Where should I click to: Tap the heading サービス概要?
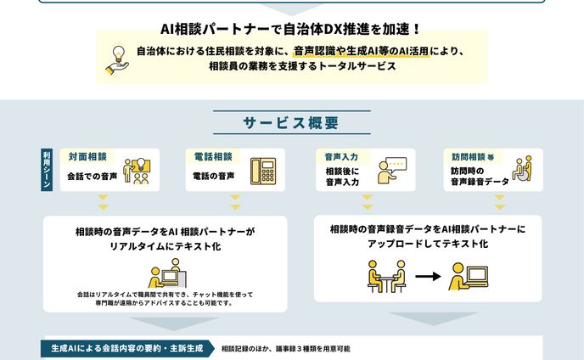pos(291,122)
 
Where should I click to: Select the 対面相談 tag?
pos(87,157)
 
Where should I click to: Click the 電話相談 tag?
pos(213,157)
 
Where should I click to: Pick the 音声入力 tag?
pos(341,157)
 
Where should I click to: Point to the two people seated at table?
pos(386,277)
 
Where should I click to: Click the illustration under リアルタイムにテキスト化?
pos(165,273)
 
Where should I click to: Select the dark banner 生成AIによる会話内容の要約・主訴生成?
pos(126,349)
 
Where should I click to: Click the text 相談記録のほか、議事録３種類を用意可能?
pos(285,349)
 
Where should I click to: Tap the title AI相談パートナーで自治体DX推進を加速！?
pos(291,28)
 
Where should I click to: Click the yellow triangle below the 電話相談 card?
pos(234,205)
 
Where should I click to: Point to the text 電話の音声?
pos(213,177)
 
